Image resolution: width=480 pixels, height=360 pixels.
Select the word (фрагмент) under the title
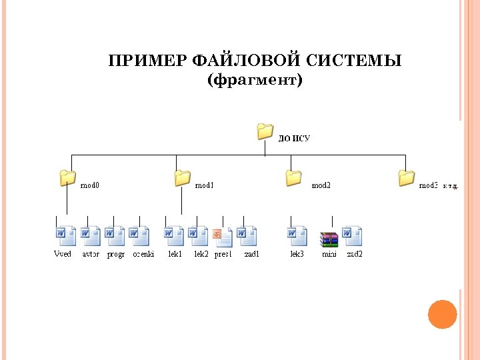pyautogui.click(x=255, y=81)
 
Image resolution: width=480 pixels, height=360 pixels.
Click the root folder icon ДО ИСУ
pyautogui.click(x=265, y=131)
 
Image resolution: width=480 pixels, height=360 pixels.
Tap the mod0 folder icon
pyautogui.click(x=67, y=178)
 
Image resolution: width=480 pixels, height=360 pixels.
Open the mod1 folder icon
pyautogui.click(x=182, y=178)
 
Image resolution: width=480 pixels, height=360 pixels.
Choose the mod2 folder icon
pyautogui.click(x=293, y=178)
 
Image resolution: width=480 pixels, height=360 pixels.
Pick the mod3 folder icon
pyautogui.click(x=406, y=178)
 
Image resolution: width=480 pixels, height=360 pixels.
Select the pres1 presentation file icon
pyautogui.click(x=223, y=237)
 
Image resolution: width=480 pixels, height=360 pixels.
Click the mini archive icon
pyautogui.click(x=329, y=239)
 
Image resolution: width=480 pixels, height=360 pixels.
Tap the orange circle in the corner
pyautogui.click(x=442, y=314)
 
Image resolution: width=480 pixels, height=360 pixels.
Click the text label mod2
pyautogui.click(x=321, y=186)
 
